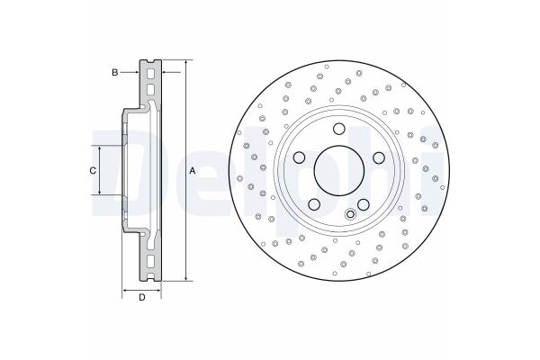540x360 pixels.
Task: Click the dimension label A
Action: click(193, 170)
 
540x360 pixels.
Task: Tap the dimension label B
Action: click(114, 71)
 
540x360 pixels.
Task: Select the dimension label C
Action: click(92, 170)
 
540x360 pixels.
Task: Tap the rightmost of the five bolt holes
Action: click(378, 158)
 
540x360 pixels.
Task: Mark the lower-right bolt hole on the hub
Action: click(364, 204)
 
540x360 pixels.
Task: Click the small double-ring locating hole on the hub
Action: click(351, 214)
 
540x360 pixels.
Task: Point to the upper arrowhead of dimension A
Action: click(185, 64)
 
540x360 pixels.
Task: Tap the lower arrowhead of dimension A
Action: click(185, 277)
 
